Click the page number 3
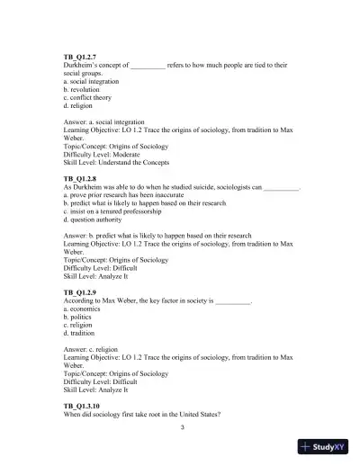click(x=181, y=427)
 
